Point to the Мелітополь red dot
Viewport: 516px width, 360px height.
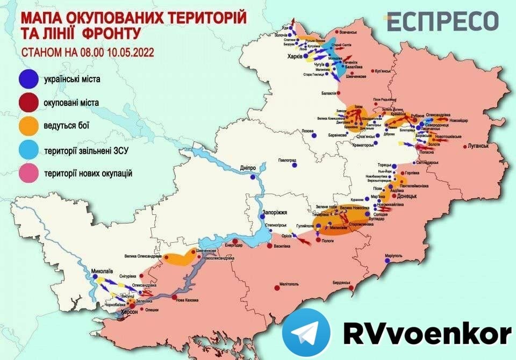277,289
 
